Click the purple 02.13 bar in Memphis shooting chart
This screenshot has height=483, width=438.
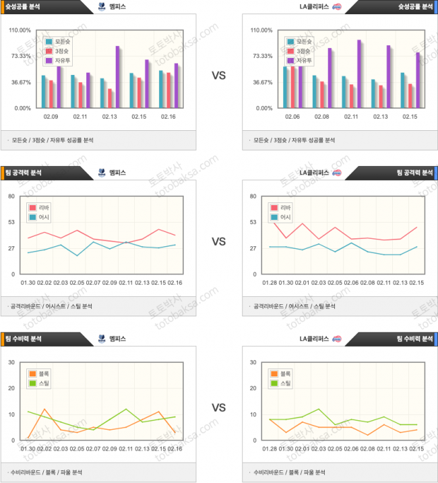click(x=117, y=76)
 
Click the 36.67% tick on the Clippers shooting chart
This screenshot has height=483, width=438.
click(x=263, y=82)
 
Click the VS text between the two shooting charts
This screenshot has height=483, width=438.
click(x=218, y=76)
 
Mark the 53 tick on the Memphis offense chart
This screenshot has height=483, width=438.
click(x=11, y=222)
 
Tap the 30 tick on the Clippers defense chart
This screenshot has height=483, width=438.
click(x=253, y=362)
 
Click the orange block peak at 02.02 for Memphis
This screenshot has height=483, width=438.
click(x=44, y=409)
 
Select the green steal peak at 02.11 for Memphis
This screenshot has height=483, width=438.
click(x=126, y=409)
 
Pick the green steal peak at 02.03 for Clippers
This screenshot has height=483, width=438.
click(x=319, y=409)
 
